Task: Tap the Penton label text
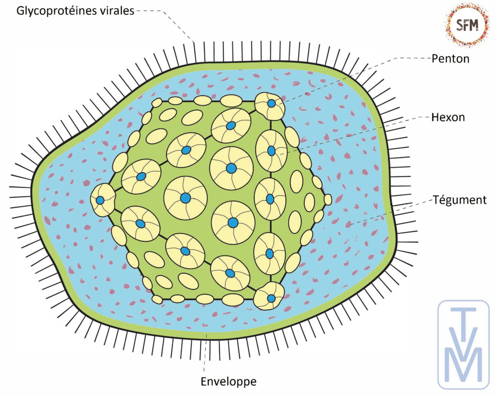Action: coord(450,59)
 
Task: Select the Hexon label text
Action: coord(449,117)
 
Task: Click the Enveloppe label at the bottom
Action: coord(229,381)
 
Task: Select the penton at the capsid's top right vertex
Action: coord(270,105)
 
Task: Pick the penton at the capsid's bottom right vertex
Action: coord(270,296)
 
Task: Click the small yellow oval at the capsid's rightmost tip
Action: coord(328,199)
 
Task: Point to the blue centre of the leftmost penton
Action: coord(100,200)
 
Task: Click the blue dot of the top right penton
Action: coord(272,103)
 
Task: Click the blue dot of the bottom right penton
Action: coord(271,298)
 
